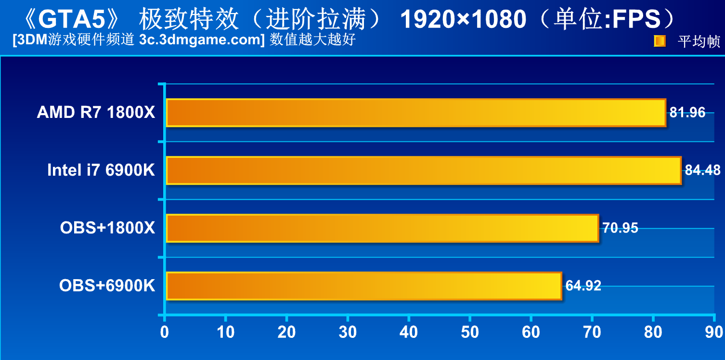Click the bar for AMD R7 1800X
416,113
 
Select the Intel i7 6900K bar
424,170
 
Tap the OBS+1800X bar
382,228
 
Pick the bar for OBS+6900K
363,286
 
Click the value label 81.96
687,113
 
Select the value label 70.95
621,228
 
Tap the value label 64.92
583,286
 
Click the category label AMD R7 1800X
96,113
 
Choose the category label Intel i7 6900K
101,170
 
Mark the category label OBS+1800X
107,228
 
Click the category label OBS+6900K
107,286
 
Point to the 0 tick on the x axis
165,333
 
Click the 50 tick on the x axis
470,333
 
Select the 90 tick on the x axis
714,333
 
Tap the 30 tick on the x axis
348,333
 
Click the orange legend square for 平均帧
660,41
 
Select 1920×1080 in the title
463,20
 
